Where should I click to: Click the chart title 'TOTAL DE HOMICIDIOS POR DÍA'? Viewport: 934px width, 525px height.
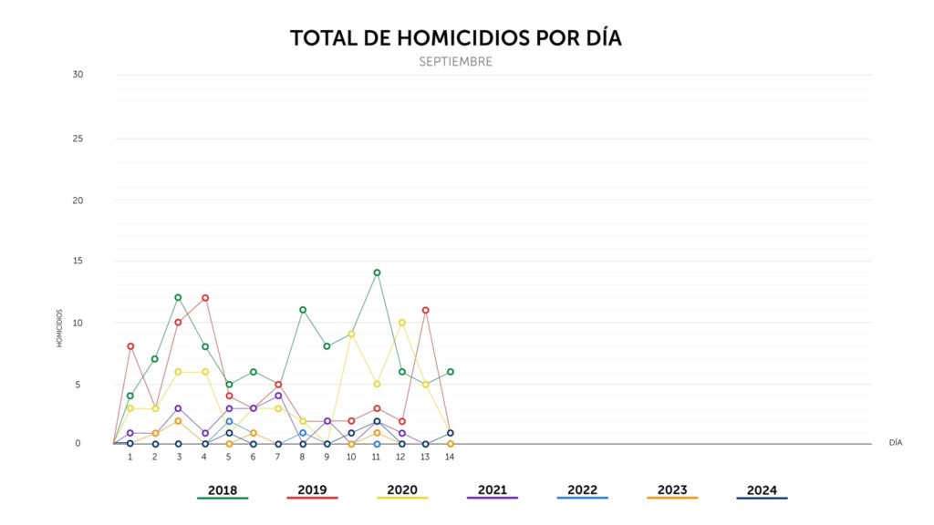click(x=456, y=38)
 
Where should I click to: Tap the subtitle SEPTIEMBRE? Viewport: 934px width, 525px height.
click(x=456, y=62)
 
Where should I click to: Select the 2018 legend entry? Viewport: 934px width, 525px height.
click(x=223, y=490)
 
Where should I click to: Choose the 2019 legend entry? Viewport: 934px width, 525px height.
click(x=312, y=490)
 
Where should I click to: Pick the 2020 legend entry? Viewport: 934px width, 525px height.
click(x=402, y=490)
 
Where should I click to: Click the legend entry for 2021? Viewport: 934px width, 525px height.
click(x=492, y=490)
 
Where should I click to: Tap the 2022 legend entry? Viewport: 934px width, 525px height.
click(x=582, y=490)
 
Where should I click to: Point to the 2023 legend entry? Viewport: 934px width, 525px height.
click(x=672, y=490)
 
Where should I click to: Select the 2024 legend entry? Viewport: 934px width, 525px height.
click(x=762, y=490)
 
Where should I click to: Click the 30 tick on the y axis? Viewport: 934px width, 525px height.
click(x=78, y=75)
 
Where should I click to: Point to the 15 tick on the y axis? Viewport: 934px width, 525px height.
click(x=78, y=261)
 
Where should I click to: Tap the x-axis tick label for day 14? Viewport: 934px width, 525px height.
click(x=450, y=458)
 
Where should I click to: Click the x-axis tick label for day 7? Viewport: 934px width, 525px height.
click(x=277, y=458)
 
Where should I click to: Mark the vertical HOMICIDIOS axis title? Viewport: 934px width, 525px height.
click(x=59, y=328)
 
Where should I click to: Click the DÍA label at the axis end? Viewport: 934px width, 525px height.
click(x=896, y=443)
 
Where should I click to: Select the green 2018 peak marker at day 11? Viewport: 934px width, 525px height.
click(x=377, y=273)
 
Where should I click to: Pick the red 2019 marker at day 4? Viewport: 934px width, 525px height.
click(x=205, y=298)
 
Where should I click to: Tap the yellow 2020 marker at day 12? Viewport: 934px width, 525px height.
click(x=402, y=323)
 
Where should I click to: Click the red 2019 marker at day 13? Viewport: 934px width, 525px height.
click(x=425, y=310)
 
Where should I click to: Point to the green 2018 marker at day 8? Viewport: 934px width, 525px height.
click(x=303, y=310)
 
